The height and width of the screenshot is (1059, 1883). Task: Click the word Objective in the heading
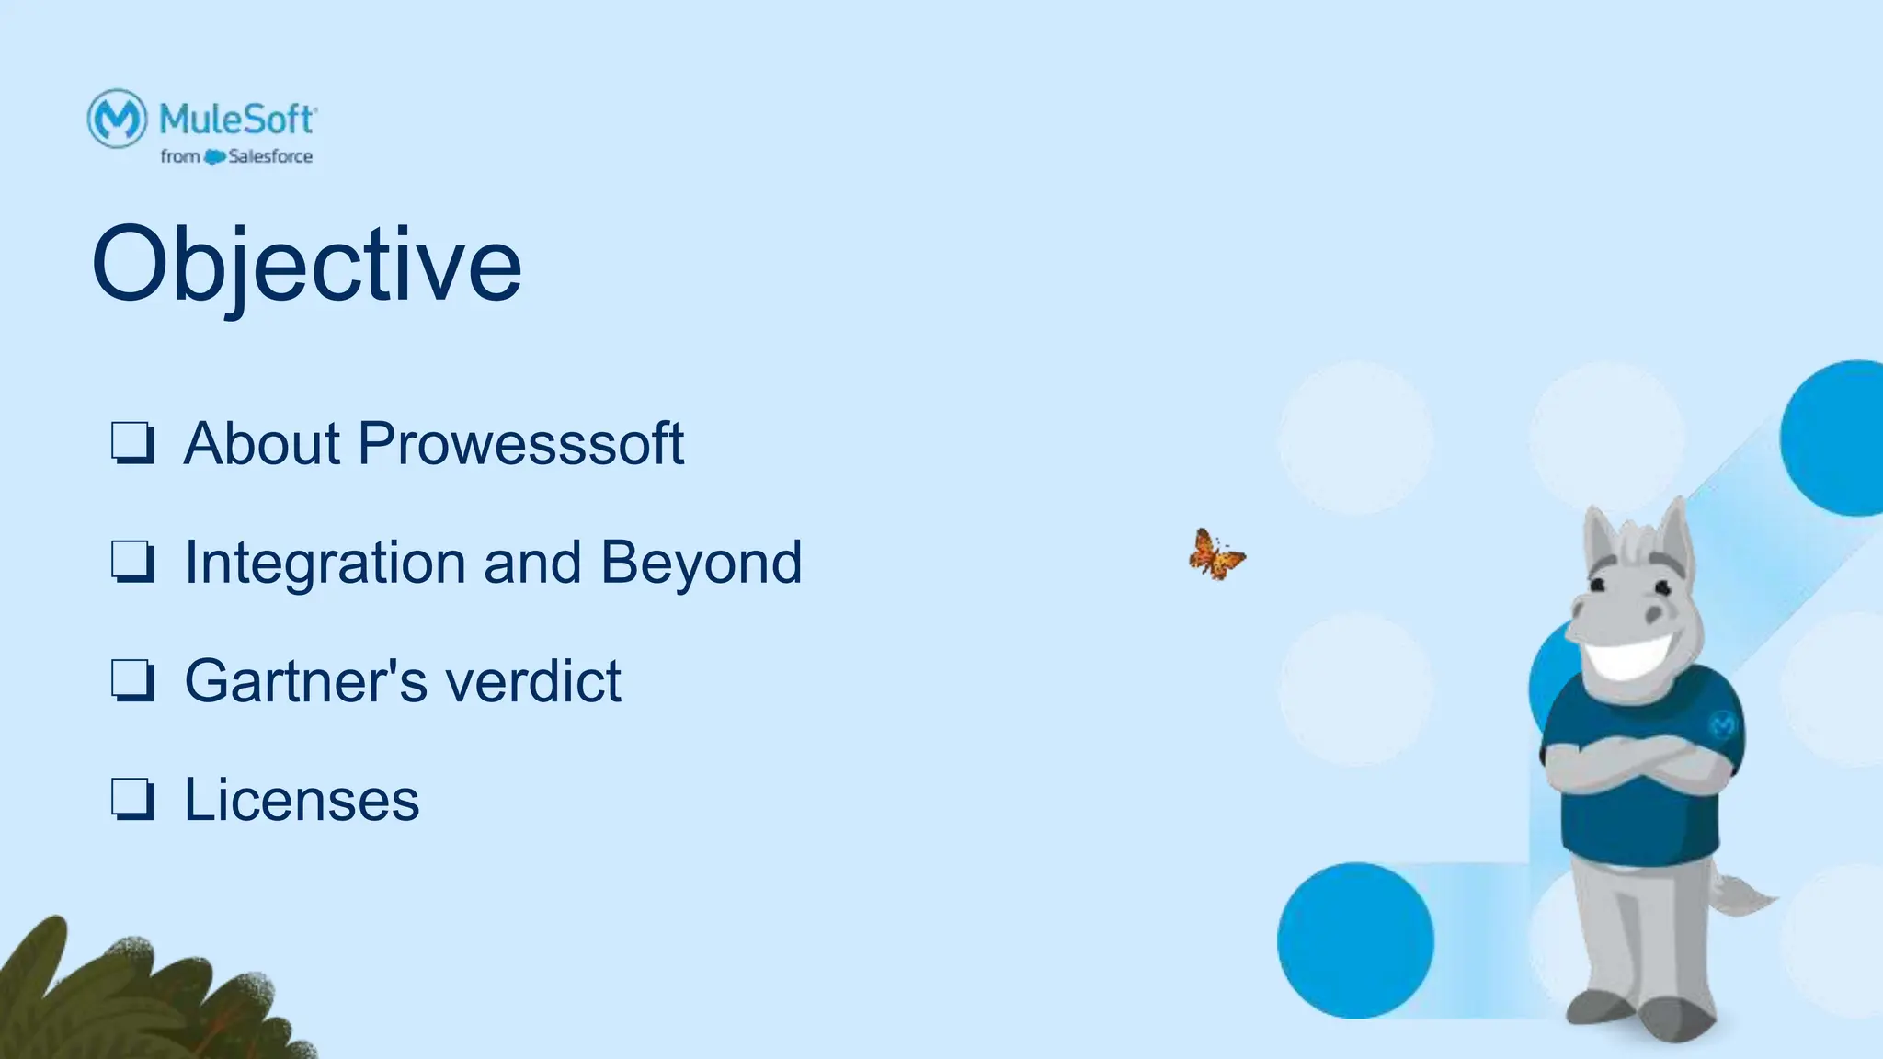point(306,265)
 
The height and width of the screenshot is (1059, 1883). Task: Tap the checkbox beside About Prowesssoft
point(132,443)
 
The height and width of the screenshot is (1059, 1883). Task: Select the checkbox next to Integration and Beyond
point(132,562)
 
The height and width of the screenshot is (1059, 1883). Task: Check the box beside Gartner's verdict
point(132,681)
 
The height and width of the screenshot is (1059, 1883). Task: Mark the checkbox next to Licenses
point(132,799)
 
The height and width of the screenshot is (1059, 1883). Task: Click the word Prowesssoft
point(520,444)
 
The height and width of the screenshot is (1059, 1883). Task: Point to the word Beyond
point(701,562)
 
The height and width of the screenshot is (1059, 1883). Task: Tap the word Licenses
point(302,799)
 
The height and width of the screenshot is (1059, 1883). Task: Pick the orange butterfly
point(1215,555)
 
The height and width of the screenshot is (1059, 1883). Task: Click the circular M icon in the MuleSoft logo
point(117,118)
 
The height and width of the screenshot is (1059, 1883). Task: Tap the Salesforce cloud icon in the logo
point(214,157)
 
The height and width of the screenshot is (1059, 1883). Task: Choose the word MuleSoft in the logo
point(237,120)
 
